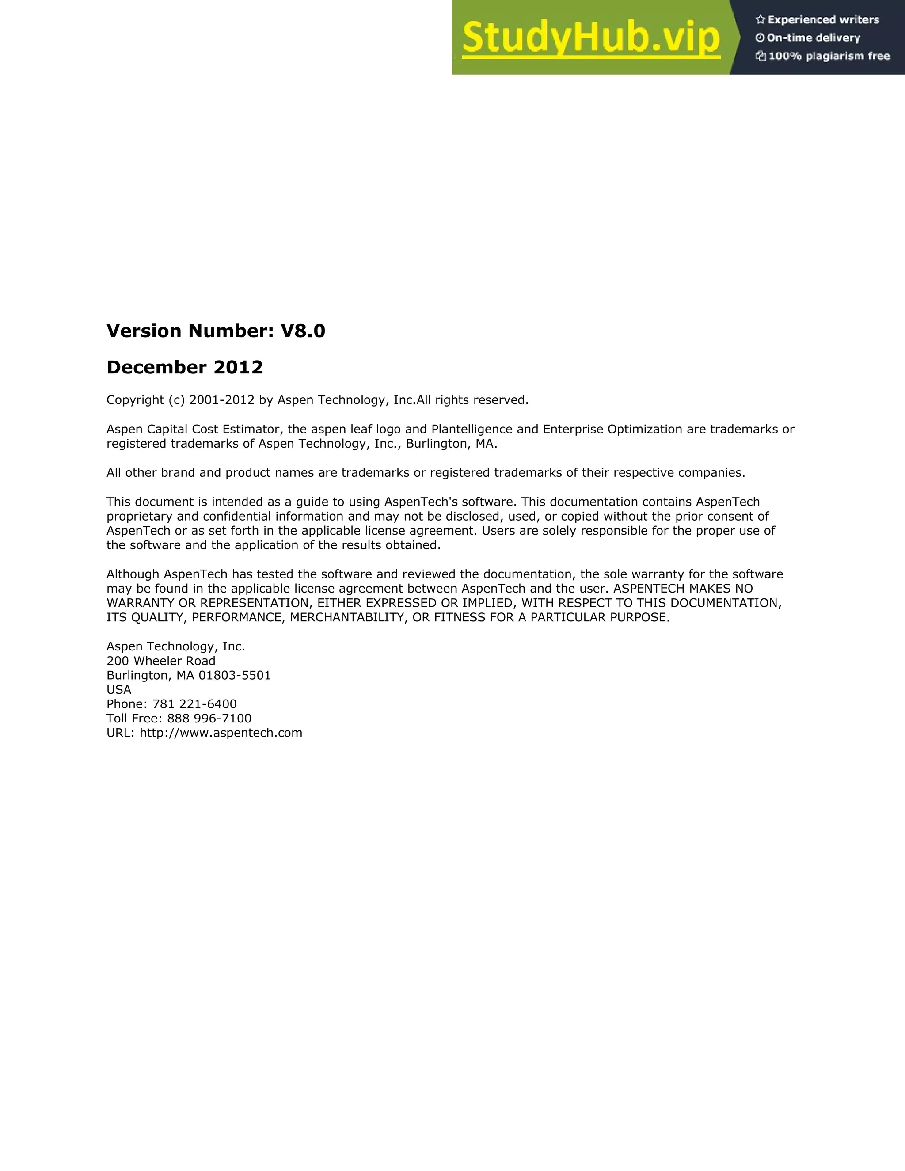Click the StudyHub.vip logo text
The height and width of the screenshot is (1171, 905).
[x=590, y=38]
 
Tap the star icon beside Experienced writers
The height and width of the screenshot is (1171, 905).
[x=760, y=20]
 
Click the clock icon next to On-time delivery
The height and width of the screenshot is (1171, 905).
[x=760, y=38]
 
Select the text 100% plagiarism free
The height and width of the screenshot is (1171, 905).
[x=829, y=56]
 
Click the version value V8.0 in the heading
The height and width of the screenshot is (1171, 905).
[x=303, y=331]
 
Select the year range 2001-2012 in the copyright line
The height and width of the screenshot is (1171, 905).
[x=221, y=400]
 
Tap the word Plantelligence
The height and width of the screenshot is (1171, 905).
[x=471, y=430]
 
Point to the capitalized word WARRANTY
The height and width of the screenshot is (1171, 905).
[x=141, y=603]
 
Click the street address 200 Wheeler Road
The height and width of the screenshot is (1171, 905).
[x=161, y=661]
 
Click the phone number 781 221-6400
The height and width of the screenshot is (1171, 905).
[x=194, y=704]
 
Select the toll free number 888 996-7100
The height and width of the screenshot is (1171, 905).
[x=209, y=719]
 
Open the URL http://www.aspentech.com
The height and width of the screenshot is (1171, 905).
[x=221, y=734]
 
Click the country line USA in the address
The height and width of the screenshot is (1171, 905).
[x=119, y=690]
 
